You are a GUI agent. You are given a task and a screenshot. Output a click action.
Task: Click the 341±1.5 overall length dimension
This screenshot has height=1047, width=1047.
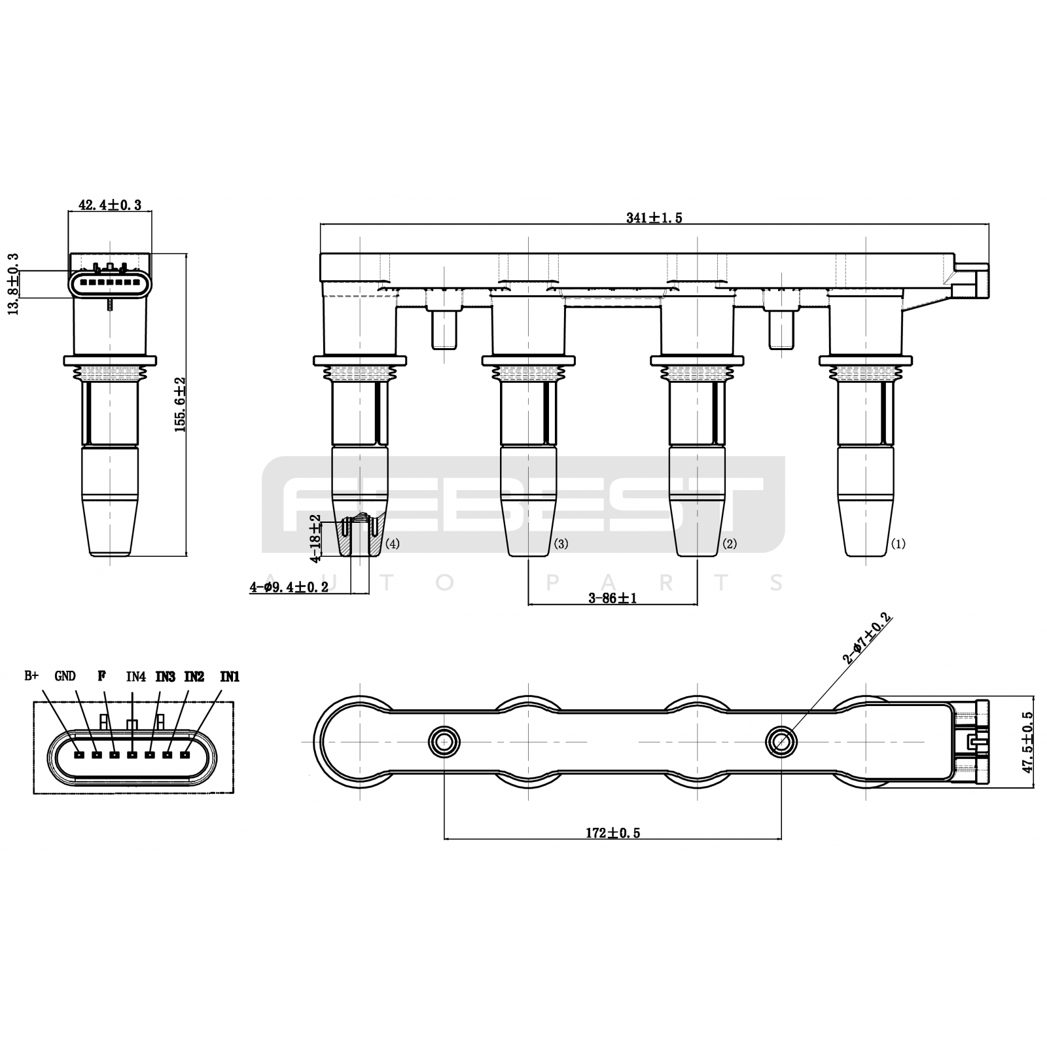654,218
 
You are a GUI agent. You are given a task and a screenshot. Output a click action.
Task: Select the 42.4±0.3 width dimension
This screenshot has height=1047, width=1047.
110,205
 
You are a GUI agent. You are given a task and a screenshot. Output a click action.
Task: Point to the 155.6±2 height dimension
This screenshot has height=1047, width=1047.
180,404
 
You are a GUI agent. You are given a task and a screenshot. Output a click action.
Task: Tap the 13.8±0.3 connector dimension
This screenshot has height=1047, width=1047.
13,285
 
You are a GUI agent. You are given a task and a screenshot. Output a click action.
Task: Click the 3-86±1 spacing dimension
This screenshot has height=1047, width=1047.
612,597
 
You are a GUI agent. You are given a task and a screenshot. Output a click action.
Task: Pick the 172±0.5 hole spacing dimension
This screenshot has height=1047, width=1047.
612,833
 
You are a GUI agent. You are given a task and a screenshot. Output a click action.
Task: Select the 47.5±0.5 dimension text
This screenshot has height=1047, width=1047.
1027,742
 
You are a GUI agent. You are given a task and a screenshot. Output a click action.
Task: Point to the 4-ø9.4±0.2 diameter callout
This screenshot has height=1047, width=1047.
289,588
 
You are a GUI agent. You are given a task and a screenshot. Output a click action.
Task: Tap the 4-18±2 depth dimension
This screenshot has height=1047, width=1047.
315,539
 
